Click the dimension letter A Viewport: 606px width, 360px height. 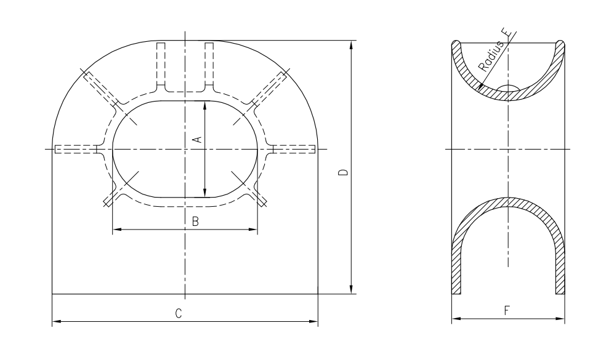pos(197,140)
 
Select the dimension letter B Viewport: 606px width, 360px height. pos(196,222)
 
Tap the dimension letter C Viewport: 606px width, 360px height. pos(178,313)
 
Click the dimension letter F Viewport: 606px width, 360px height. pos(507,311)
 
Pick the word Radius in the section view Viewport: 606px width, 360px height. pos(491,57)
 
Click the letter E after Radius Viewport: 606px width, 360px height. pos(510,34)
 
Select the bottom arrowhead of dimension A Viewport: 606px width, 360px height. pos(205,193)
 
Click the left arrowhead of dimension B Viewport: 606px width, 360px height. pos(117,230)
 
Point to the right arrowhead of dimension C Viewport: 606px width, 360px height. pos(313,321)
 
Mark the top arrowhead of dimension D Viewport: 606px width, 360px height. pos(351,45)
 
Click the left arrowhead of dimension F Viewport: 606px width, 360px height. pos(456,319)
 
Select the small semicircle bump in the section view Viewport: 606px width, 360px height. pos(507,87)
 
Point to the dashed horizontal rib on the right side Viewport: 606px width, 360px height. pos(294,149)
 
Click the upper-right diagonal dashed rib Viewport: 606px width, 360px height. pos(269,88)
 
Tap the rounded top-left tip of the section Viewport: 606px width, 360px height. pos(456,42)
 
